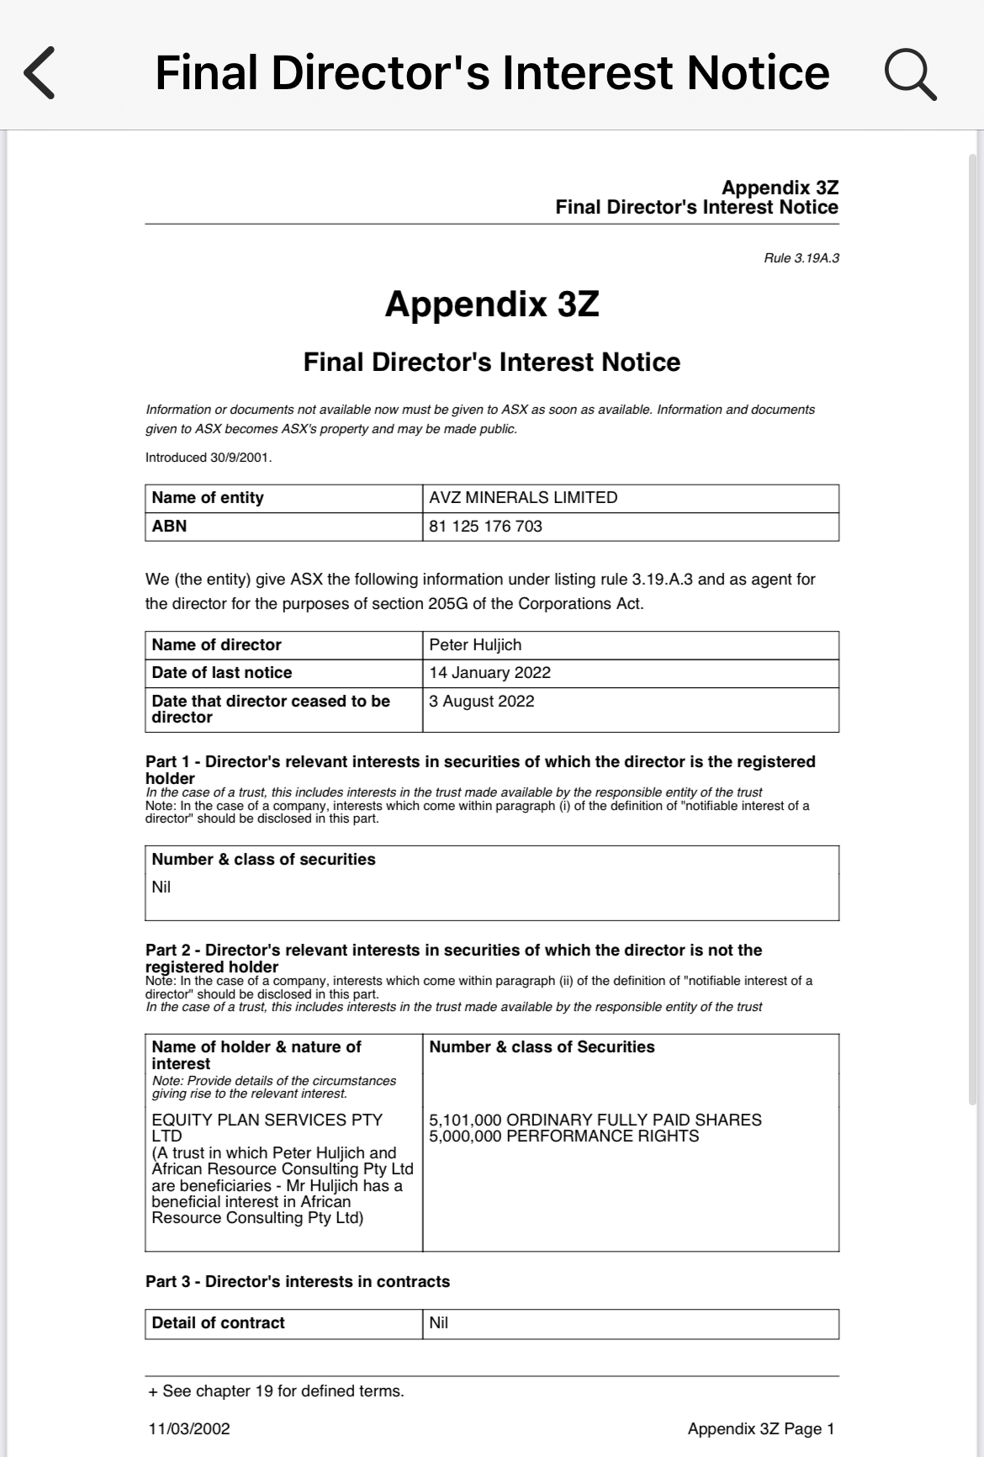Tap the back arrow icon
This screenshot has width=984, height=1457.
pyautogui.click(x=40, y=73)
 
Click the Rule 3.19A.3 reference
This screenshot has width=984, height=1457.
pyautogui.click(x=801, y=257)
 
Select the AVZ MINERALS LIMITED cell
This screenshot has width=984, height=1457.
pyautogui.click(x=523, y=498)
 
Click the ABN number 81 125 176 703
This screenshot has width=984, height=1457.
pyautogui.click(x=485, y=527)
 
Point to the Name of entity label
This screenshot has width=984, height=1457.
pyautogui.click(x=208, y=498)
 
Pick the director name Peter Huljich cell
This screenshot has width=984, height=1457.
pyautogui.click(x=475, y=645)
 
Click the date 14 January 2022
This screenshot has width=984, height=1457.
pyautogui.click(x=489, y=673)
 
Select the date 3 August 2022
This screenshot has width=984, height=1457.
pyautogui.click(x=481, y=702)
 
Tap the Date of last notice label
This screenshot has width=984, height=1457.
pyautogui.click(x=221, y=673)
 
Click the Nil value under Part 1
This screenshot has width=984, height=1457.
pyautogui.click(x=161, y=887)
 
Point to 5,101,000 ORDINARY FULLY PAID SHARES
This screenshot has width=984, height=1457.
pyautogui.click(x=595, y=1120)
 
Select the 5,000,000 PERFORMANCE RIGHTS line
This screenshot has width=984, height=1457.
pyautogui.click(x=563, y=1136)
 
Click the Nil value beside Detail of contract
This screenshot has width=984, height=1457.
pyautogui.click(x=438, y=1323)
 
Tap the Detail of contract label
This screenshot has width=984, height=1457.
pyautogui.click(x=218, y=1323)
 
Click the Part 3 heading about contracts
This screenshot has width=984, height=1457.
pyautogui.click(x=297, y=1282)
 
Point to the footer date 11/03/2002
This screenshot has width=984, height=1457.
pyautogui.click(x=189, y=1429)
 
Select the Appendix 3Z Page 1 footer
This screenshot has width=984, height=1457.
pyautogui.click(x=760, y=1429)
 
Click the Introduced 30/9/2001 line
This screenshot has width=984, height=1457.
pyautogui.click(x=209, y=458)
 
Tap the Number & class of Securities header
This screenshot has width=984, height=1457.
pyautogui.click(x=542, y=1047)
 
